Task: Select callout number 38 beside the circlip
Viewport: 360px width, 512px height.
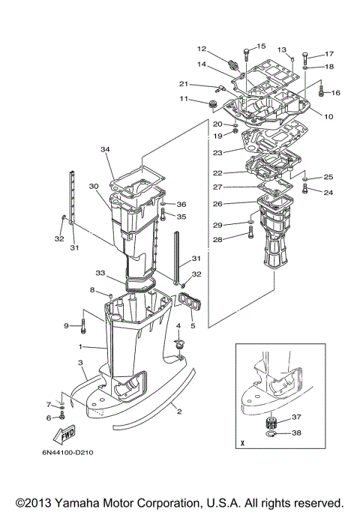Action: pos(296,433)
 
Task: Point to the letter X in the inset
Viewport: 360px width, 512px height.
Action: pos(242,442)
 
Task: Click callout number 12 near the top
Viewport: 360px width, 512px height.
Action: pos(202,49)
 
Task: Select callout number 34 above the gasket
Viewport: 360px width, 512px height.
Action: pos(106,150)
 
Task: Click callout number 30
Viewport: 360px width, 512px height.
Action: pos(94,186)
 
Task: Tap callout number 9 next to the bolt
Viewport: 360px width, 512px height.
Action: pos(65,325)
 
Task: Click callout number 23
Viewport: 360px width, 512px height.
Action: pos(218,152)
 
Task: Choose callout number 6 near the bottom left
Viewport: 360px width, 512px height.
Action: pos(49,418)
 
